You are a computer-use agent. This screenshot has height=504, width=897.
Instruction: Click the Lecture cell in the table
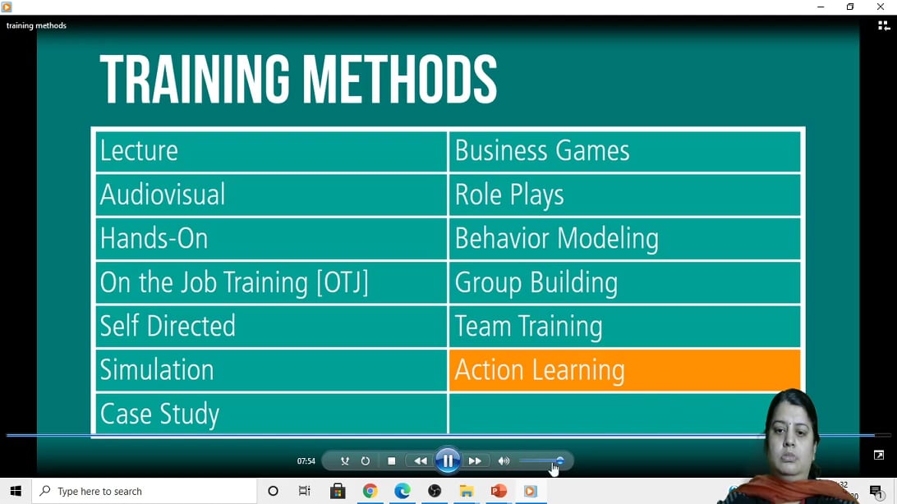click(271, 151)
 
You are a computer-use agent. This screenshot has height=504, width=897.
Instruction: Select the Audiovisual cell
click(271, 195)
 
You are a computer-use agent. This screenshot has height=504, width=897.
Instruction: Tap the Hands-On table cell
click(271, 239)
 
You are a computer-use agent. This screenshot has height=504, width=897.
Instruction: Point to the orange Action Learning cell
click(624, 370)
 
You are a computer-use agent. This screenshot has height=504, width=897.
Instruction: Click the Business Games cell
click(624, 151)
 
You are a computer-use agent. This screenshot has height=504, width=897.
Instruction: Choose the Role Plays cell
click(624, 195)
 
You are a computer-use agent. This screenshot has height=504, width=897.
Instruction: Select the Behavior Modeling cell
click(624, 239)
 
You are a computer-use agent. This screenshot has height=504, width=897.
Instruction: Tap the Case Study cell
click(271, 414)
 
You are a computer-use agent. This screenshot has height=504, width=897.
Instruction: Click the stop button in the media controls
click(392, 461)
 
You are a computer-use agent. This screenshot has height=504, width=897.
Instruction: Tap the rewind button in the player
click(421, 461)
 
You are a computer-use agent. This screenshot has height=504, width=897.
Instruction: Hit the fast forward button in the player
click(475, 461)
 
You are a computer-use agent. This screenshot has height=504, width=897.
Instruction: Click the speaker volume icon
click(504, 461)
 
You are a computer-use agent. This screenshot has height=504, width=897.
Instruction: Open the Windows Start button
click(16, 491)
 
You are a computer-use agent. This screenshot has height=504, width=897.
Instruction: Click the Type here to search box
click(145, 491)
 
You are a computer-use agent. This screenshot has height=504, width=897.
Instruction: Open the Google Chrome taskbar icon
click(370, 491)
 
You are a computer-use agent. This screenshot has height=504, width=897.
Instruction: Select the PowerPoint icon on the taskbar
click(499, 491)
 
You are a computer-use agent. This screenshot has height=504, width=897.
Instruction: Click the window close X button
click(881, 7)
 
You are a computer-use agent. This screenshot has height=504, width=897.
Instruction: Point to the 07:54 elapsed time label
click(306, 461)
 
